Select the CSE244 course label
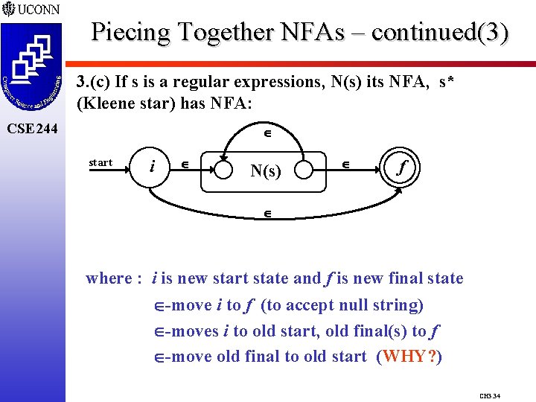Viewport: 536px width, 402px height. (x=31, y=130)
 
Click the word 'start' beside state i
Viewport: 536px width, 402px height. (x=100, y=162)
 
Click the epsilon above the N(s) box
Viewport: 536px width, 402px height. (x=267, y=135)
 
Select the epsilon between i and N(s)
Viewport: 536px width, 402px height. (x=186, y=164)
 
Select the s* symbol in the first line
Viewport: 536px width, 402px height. (x=449, y=82)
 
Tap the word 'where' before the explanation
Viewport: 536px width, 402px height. (x=108, y=278)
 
